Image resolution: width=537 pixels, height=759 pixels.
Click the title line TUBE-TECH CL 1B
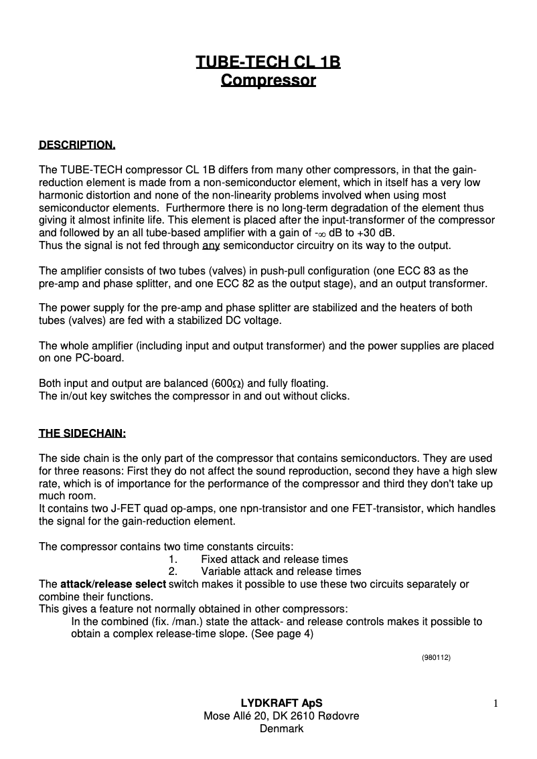[x=268, y=62]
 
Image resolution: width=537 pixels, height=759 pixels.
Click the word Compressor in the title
[x=268, y=81]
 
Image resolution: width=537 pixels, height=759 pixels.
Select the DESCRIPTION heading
[x=77, y=145]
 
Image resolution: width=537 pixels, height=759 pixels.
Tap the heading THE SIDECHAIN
[x=82, y=433]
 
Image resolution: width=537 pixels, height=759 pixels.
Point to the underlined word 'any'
[x=211, y=246]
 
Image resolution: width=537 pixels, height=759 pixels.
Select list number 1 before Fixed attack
[x=173, y=560]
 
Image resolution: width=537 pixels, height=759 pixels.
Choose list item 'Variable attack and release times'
[x=281, y=572]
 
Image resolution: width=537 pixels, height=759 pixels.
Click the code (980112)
[x=436, y=658]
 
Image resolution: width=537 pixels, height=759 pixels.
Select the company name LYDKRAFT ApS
[x=281, y=703]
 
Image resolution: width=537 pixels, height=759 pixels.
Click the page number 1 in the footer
[x=495, y=703]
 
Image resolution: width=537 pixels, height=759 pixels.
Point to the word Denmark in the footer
[x=281, y=729]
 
